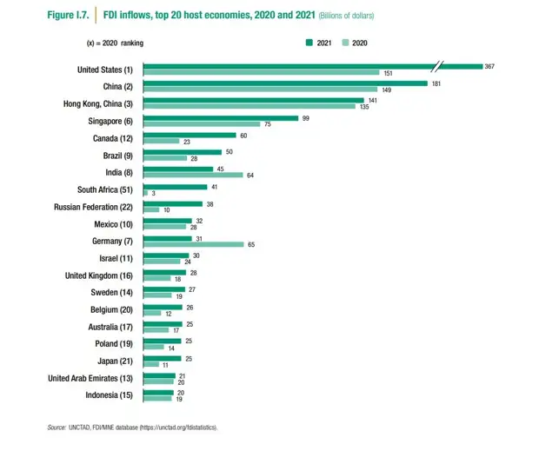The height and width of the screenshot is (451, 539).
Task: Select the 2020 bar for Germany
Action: coord(193,245)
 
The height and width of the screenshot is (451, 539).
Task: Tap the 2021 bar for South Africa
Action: coord(175,186)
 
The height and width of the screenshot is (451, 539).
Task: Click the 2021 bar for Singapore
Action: coord(220,117)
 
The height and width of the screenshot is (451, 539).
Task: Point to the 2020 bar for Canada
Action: coord(161,141)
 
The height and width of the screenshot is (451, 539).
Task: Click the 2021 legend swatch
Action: coord(309,42)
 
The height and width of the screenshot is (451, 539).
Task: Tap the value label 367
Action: coord(490,66)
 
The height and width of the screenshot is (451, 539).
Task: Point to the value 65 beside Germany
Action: coord(250,245)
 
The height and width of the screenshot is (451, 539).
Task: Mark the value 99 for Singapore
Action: coord(305,117)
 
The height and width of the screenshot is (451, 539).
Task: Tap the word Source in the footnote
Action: coord(57,428)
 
